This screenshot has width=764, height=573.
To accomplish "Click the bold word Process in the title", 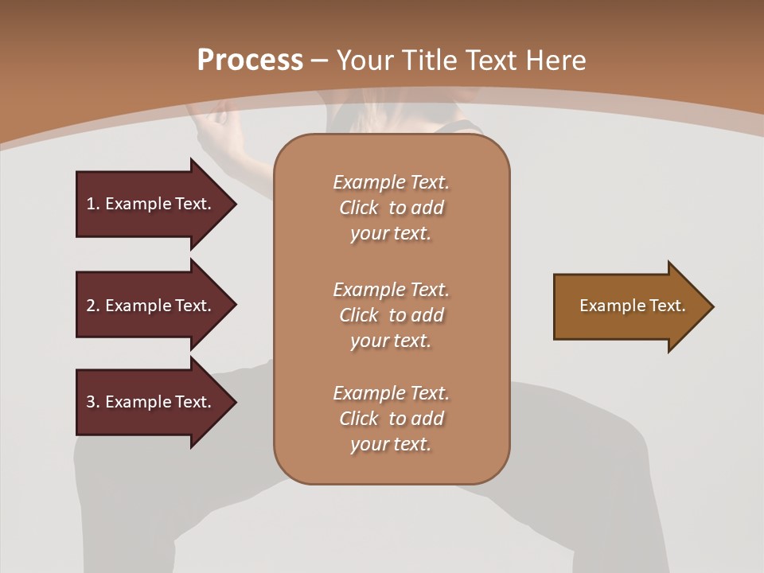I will [250, 60].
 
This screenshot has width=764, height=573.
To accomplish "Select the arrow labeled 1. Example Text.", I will [149, 204].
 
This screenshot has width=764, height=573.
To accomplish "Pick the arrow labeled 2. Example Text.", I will [149, 306].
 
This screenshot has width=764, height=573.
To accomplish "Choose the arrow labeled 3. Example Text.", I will [149, 402].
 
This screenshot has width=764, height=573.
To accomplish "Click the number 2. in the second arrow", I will [92, 306].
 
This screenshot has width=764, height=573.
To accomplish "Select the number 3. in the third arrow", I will [92, 402].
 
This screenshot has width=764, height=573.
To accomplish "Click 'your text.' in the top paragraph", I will [391, 233].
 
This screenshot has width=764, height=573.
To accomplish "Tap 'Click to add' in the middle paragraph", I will [392, 315].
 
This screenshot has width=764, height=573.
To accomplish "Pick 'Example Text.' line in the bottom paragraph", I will [392, 393].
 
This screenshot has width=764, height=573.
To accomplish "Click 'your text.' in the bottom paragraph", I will [391, 444].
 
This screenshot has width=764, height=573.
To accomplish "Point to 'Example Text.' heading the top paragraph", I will [392, 182].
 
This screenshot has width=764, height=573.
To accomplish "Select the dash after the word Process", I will [319, 60].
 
